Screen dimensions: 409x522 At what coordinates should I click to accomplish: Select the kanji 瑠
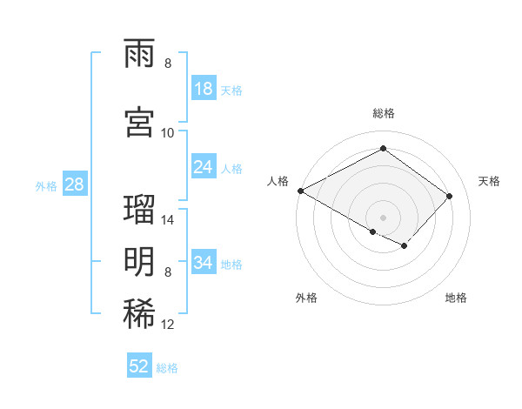[141, 209]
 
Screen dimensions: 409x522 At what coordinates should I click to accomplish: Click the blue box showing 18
[204, 90]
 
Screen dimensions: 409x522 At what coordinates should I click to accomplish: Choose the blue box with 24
[204, 168]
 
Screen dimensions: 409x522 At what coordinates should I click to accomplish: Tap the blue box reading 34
[204, 263]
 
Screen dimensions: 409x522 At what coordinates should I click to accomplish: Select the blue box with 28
[75, 184]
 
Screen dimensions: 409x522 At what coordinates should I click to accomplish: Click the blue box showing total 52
[139, 366]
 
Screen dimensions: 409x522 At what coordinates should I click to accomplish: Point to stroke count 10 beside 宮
[168, 132]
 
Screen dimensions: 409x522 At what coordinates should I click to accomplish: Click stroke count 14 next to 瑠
[168, 219]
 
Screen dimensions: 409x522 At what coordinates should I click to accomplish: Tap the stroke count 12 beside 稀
[168, 325]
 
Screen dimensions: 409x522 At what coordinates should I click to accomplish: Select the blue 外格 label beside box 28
[46, 185]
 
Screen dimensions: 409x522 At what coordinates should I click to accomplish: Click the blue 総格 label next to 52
[167, 367]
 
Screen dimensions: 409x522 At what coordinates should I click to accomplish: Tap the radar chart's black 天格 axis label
[489, 181]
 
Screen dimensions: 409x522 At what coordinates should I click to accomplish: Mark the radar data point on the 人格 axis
[300, 191]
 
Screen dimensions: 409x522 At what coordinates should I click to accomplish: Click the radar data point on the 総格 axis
[383, 149]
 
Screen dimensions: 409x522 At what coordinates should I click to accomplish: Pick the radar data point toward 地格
[405, 247]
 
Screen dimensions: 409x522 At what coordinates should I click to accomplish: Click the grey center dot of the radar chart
[383, 216]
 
